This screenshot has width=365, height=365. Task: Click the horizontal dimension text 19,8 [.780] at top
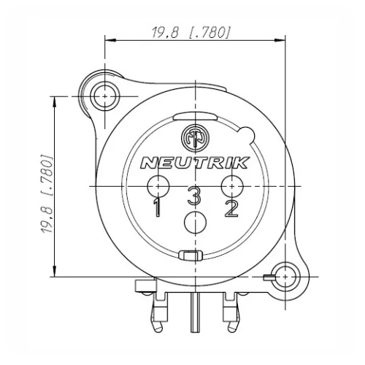click(x=191, y=31)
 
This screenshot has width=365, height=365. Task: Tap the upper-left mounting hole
click(x=107, y=96)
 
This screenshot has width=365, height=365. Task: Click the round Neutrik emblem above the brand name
click(x=193, y=137)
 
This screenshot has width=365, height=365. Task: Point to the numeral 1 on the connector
click(x=157, y=209)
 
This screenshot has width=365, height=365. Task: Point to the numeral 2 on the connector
click(x=231, y=209)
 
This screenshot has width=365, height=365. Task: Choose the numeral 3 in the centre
click(x=193, y=196)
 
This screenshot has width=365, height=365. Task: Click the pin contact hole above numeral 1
click(x=156, y=185)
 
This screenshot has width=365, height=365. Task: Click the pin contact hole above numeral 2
click(x=231, y=185)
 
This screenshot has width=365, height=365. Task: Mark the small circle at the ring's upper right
click(x=247, y=134)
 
